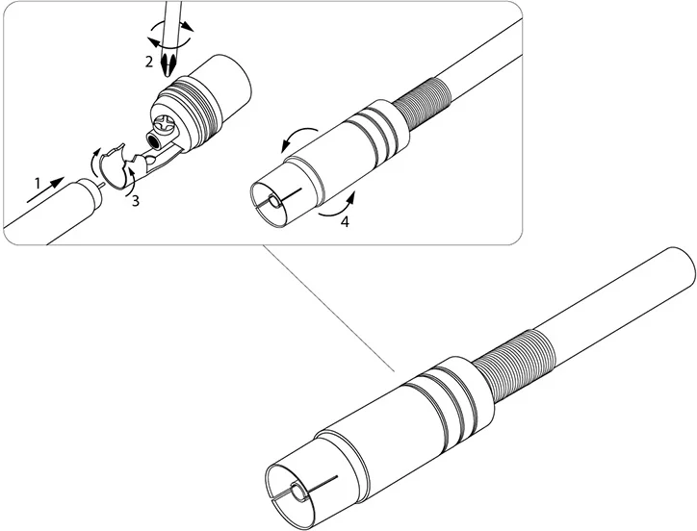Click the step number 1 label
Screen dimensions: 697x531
click(38, 183)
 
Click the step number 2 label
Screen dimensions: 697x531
click(149, 62)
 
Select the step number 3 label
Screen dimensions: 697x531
click(135, 201)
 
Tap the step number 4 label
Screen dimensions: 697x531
click(345, 221)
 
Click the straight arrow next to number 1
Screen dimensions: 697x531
click(46, 190)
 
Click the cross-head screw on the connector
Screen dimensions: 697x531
click(164, 124)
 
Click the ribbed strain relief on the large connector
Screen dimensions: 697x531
click(512, 366)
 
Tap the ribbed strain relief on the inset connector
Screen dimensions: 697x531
click(422, 103)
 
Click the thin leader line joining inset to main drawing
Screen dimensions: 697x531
click(329, 308)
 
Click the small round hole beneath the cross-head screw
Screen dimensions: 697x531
click(154, 141)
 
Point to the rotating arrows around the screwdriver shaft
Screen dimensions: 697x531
click(170, 35)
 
